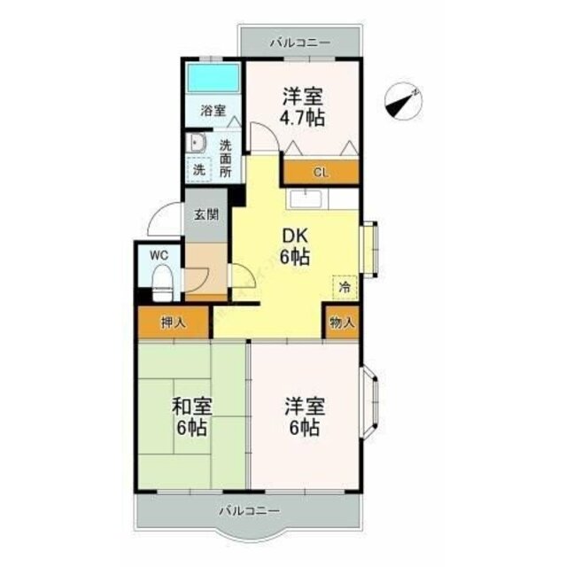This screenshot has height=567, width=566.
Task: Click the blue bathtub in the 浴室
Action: click(213, 78)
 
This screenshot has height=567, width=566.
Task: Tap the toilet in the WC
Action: click(161, 283)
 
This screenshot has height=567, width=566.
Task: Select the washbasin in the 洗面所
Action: click(197, 143)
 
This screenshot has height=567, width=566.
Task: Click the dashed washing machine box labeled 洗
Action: click(199, 169)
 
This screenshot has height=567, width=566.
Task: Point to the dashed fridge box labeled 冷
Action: click(345, 287)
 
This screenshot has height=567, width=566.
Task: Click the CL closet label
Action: click(321, 173)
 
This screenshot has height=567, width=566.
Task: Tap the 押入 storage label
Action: click(174, 322)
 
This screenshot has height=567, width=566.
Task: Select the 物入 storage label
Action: click(342, 322)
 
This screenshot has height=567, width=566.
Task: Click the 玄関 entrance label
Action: click(206, 214)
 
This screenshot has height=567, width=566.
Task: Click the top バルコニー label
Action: click(300, 43)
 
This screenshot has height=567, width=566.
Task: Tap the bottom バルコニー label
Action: click(250, 511)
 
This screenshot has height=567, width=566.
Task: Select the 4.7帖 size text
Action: click(303, 118)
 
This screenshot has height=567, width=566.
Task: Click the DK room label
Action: click(295, 237)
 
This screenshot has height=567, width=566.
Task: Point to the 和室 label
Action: click(192, 407)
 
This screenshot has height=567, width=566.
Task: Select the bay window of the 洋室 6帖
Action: click(369, 403)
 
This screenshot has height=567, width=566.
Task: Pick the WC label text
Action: click(159, 256)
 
